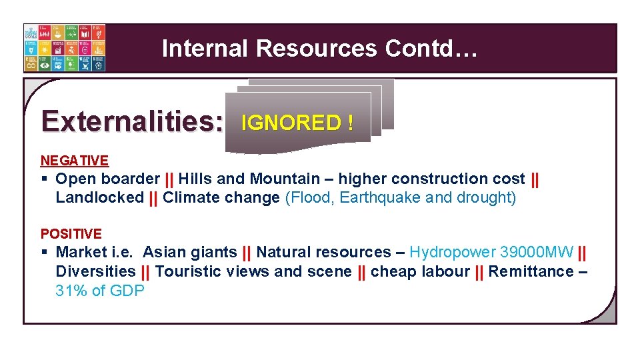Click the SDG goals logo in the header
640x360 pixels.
(64, 48)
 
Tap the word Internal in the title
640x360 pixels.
(205, 49)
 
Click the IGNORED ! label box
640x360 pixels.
(297, 123)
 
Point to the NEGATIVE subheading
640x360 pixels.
(75, 161)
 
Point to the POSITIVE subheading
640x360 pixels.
(71, 234)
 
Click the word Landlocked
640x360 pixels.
(100, 197)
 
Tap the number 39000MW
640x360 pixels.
(537, 252)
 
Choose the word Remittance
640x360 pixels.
(531, 271)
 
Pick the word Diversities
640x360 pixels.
(95, 271)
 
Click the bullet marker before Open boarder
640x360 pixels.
(44, 179)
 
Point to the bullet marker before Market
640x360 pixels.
(44, 252)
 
